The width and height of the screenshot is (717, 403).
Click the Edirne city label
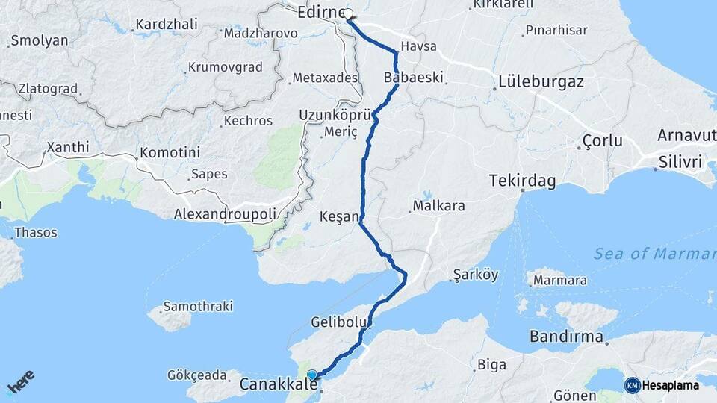320,13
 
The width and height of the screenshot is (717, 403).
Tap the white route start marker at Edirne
349,13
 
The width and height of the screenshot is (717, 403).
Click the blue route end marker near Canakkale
312,375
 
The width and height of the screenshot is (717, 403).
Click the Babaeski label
413,77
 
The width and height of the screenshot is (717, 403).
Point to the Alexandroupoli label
225,213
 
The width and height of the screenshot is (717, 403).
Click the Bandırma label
566,337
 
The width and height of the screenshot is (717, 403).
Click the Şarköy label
476,275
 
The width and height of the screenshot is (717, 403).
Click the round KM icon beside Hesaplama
632,385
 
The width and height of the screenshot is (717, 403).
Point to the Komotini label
170,152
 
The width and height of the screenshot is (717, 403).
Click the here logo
21,383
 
